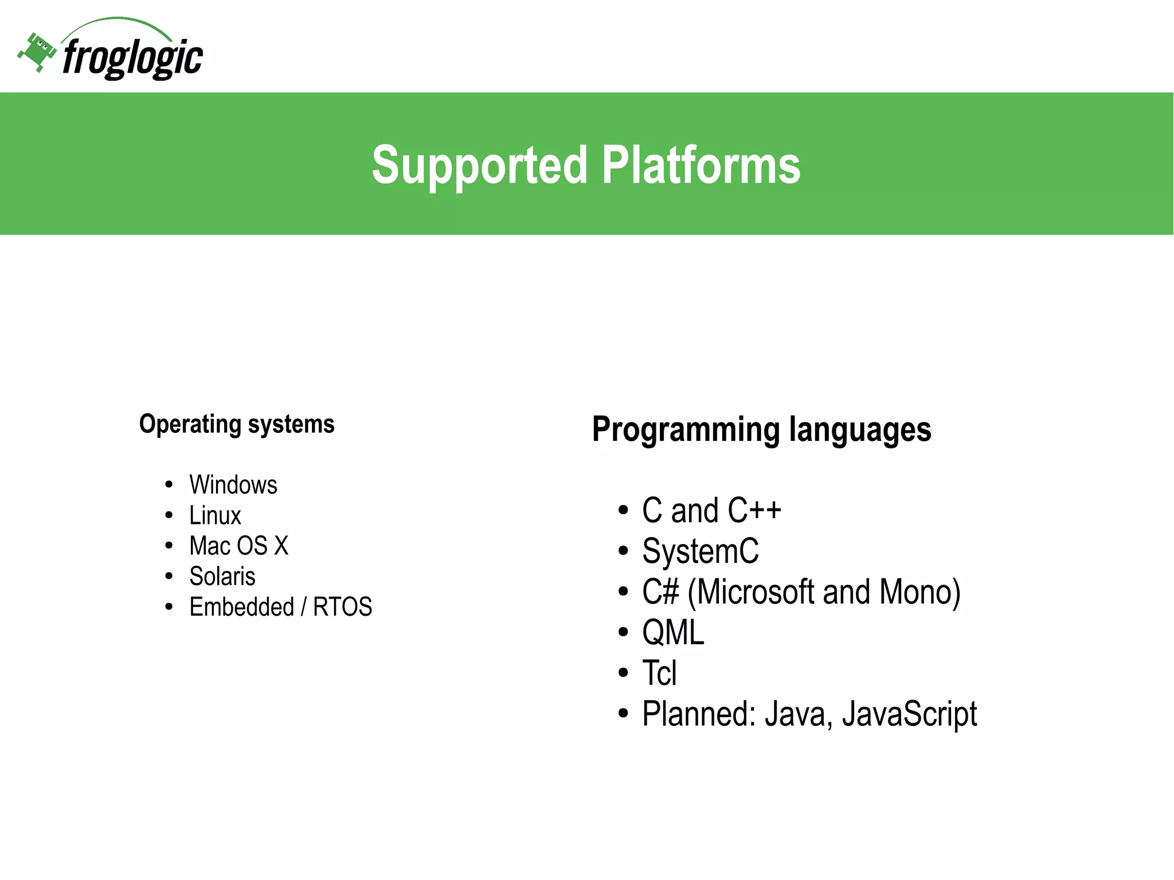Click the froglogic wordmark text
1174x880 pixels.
click(132, 58)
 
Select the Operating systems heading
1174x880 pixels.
click(237, 424)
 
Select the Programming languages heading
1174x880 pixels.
click(761, 429)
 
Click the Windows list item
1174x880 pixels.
click(233, 485)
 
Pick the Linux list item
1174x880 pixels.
click(215, 515)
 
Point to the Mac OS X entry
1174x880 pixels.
click(238, 546)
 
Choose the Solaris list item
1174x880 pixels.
click(222, 576)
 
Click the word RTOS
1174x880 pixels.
click(342, 607)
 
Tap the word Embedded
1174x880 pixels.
click(241, 607)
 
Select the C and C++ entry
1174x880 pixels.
click(711, 510)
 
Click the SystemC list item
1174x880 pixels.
click(700, 551)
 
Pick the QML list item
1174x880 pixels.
click(672, 632)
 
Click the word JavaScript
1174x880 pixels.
click(909, 714)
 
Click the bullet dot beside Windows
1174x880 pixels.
click(169, 485)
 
